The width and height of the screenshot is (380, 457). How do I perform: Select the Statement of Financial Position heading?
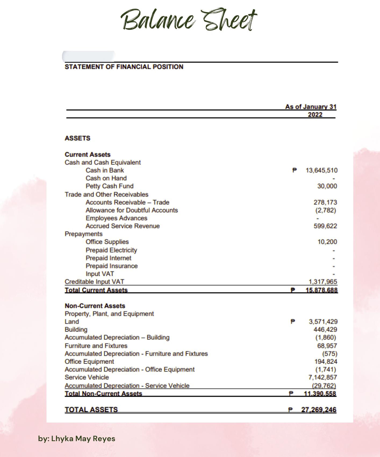pyautogui.click(x=124, y=67)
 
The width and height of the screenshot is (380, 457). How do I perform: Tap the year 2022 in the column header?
pyautogui.click(x=315, y=115)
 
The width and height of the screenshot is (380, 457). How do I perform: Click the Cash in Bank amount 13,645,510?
pyautogui.click(x=321, y=170)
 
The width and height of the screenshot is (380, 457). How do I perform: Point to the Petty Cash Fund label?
pyautogui.click(x=109, y=186)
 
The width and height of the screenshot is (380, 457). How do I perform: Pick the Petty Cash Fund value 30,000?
pyautogui.click(x=327, y=186)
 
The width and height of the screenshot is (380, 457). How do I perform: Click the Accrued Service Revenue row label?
pyautogui.click(x=123, y=226)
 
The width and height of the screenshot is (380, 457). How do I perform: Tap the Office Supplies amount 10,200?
pyautogui.click(x=327, y=242)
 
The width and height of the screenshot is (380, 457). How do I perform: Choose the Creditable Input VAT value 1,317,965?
pyautogui.click(x=323, y=282)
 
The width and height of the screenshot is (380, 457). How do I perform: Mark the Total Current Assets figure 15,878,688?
pyautogui.click(x=321, y=290)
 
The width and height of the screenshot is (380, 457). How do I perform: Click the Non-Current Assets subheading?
pyautogui.click(x=95, y=306)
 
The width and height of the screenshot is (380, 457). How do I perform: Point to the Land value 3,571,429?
pyautogui.click(x=323, y=322)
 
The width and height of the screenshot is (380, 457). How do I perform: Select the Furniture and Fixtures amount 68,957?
pyautogui.click(x=327, y=346)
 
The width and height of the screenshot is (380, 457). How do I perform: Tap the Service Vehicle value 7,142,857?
pyautogui.click(x=322, y=377)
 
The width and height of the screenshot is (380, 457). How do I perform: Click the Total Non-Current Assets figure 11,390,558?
pyautogui.click(x=320, y=394)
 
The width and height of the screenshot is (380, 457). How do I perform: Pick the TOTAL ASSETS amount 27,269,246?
pyautogui.click(x=319, y=410)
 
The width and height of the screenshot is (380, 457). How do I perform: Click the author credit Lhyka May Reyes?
pyautogui.click(x=77, y=439)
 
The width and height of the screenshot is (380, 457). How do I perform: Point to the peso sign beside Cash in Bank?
pyautogui.click(x=295, y=170)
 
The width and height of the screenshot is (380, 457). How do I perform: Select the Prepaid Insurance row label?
pyautogui.click(x=112, y=266)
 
